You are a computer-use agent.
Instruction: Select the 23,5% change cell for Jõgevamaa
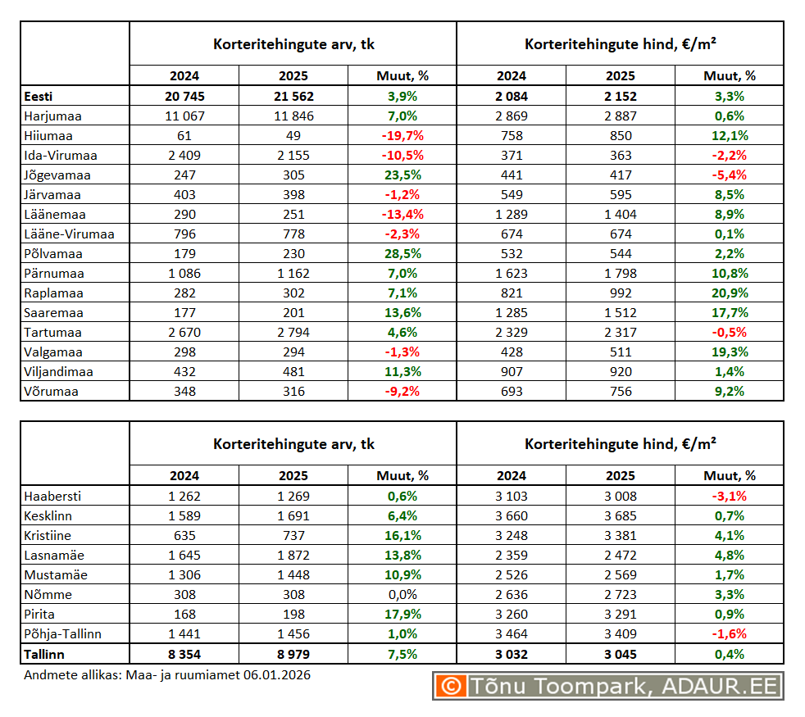pos(402,175)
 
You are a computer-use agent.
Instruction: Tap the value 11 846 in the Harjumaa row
pos(293,116)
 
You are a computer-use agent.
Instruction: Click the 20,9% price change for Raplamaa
pos(729,293)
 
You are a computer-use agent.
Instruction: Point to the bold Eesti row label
pos(39,97)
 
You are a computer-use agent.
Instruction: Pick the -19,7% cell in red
pos(402,136)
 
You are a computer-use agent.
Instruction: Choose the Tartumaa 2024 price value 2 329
pos(512,333)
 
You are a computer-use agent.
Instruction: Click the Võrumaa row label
pos(51,392)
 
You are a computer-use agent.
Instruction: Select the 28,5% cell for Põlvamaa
pos(402,254)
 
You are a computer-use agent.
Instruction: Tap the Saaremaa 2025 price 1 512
pos(620,313)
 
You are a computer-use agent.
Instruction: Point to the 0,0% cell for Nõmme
pos(402,595)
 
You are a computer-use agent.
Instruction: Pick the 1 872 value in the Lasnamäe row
pos(293,556)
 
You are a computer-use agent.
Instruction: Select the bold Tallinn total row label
pos(45,655)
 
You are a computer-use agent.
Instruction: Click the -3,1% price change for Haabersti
pos(729,497)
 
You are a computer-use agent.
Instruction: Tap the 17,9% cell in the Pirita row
pos(402,615)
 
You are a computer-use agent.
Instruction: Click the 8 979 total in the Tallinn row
pos(293,655)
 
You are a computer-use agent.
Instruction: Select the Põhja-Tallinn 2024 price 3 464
pos(512,634)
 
